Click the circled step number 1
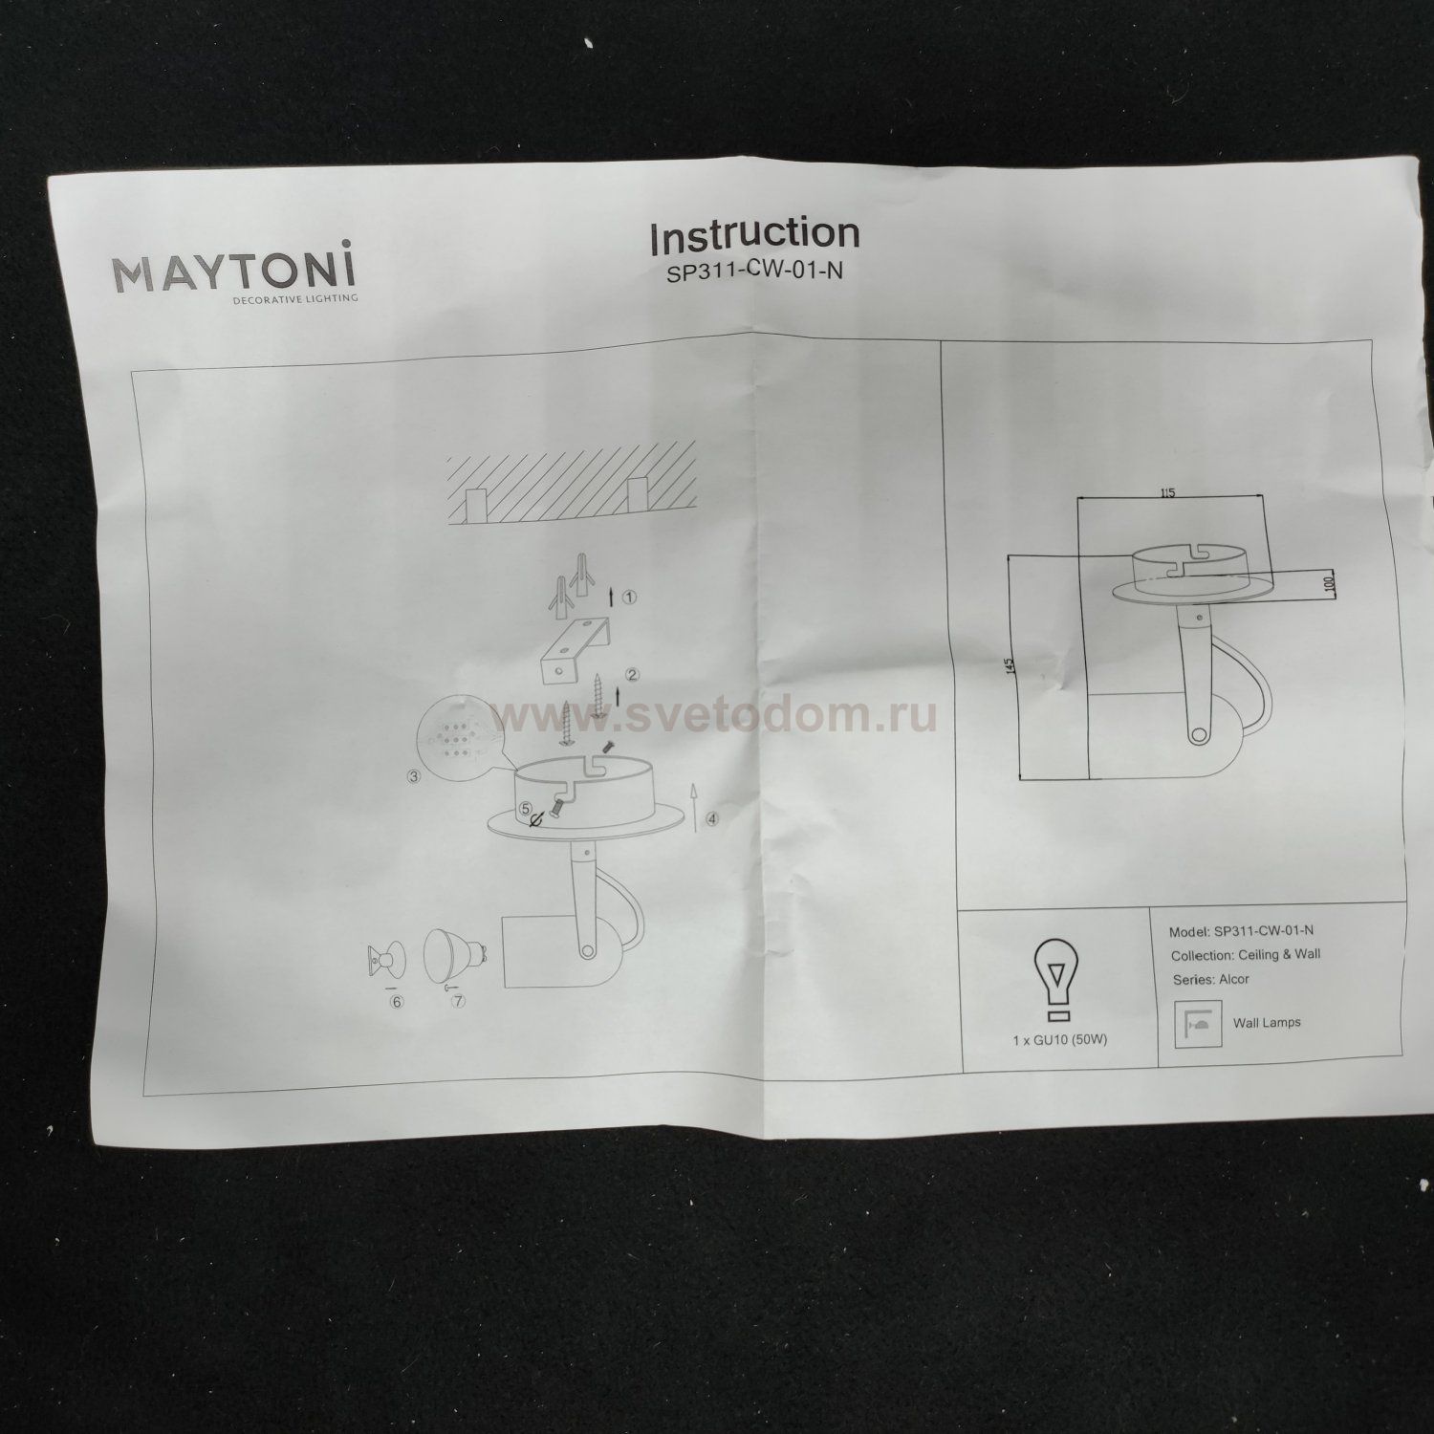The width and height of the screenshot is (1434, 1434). tap(629, 597)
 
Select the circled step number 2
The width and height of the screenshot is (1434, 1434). tap(633, 674)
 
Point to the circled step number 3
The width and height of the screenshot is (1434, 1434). tap(414, 776)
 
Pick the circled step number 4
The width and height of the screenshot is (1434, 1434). tap(712, 818)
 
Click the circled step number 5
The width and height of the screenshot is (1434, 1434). tap(526, 808)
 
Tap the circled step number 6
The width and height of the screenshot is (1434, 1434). tap(397, 1002)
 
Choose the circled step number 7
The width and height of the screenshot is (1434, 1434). tap(459, 1002)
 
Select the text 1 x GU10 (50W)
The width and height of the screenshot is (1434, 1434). tap(1059, 1039)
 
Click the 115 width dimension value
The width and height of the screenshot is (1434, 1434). tap(1166, 493)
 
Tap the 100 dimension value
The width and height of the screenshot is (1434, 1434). tap(1330, 583)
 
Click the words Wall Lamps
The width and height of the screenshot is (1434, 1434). tap(1267, 1022)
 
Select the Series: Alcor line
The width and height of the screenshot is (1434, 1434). tap(1210, 979)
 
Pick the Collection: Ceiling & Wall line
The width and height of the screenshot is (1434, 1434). tap(1245, 954)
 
